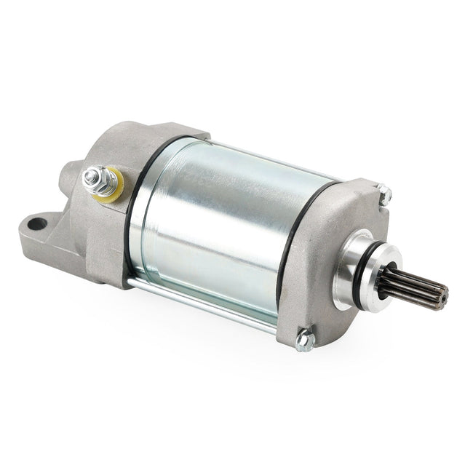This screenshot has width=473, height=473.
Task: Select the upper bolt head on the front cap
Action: point(385,194)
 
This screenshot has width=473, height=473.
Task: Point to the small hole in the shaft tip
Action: point(440,293)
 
